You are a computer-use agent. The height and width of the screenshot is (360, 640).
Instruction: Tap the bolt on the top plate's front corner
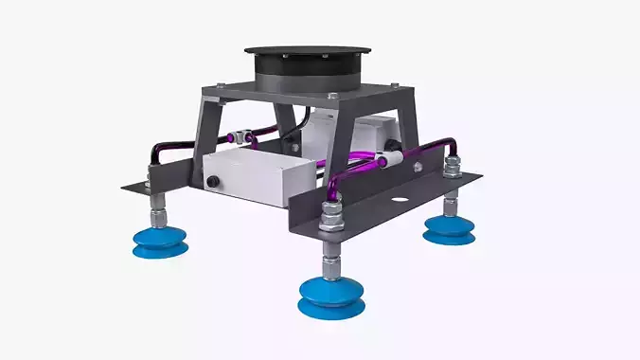click(x=331, y=98)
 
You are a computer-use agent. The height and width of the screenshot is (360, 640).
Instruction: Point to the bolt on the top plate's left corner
click(x=221, y=88)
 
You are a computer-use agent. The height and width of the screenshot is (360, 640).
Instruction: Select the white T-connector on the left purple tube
click(x=243, y=138)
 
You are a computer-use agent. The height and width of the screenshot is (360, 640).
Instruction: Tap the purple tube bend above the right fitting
click(x=448, y=144)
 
